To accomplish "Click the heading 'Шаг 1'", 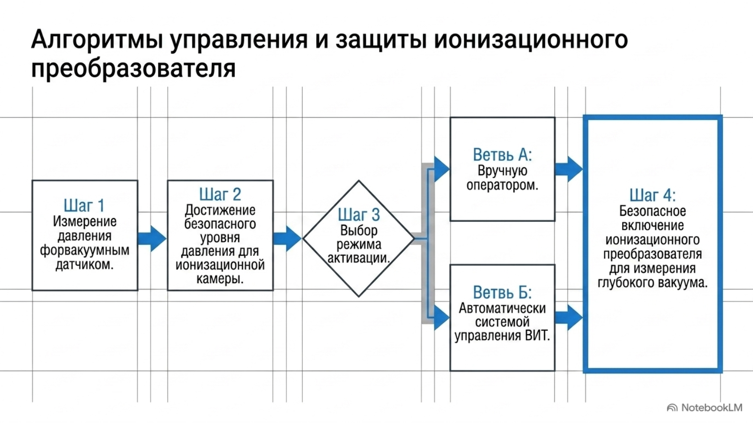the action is pos(84,205).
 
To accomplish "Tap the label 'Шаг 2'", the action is pos(220,194).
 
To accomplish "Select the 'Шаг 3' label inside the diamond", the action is pos(359,215).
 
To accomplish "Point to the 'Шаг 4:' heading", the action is pos(652,195).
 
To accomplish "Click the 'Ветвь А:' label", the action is pos(502,155).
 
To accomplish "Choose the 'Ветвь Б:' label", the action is pos(502,293).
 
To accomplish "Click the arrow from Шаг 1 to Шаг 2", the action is pos(152,238).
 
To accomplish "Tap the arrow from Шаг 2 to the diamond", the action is pos(288,238).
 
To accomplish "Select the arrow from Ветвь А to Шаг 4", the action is pos(569,169).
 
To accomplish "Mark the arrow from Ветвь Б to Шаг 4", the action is pos(569,318).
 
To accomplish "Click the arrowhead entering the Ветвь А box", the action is pos(442,169).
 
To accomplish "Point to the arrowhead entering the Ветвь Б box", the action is pos(442,318).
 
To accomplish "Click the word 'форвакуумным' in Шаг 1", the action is pos(85,250).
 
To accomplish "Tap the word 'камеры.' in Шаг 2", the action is pos(220,279).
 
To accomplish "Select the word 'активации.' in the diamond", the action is pos(359,258).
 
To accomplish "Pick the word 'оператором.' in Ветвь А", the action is pos(502,186).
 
